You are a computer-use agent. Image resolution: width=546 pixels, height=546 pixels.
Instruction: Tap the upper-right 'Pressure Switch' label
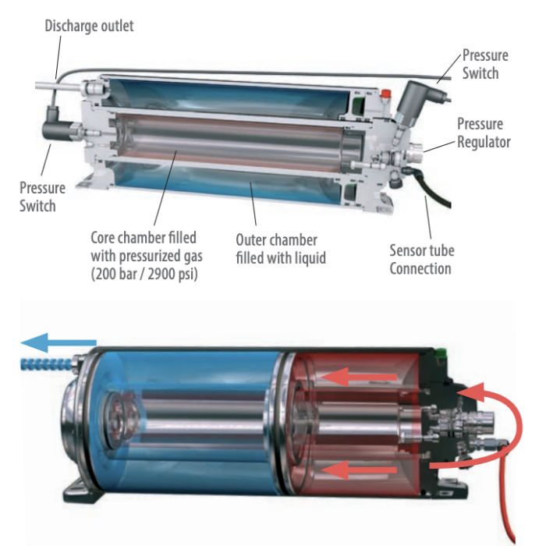[484, 64]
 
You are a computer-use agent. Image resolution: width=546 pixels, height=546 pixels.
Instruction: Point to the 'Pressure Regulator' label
[483, 133]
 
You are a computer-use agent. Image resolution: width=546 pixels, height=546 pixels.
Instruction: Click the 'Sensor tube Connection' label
[420, 260]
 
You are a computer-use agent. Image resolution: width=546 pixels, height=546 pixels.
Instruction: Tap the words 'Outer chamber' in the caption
[277, 239]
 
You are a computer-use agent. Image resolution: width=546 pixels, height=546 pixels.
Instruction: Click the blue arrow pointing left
[58, 342]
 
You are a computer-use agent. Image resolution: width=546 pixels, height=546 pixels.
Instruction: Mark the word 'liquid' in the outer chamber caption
[309, 257]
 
